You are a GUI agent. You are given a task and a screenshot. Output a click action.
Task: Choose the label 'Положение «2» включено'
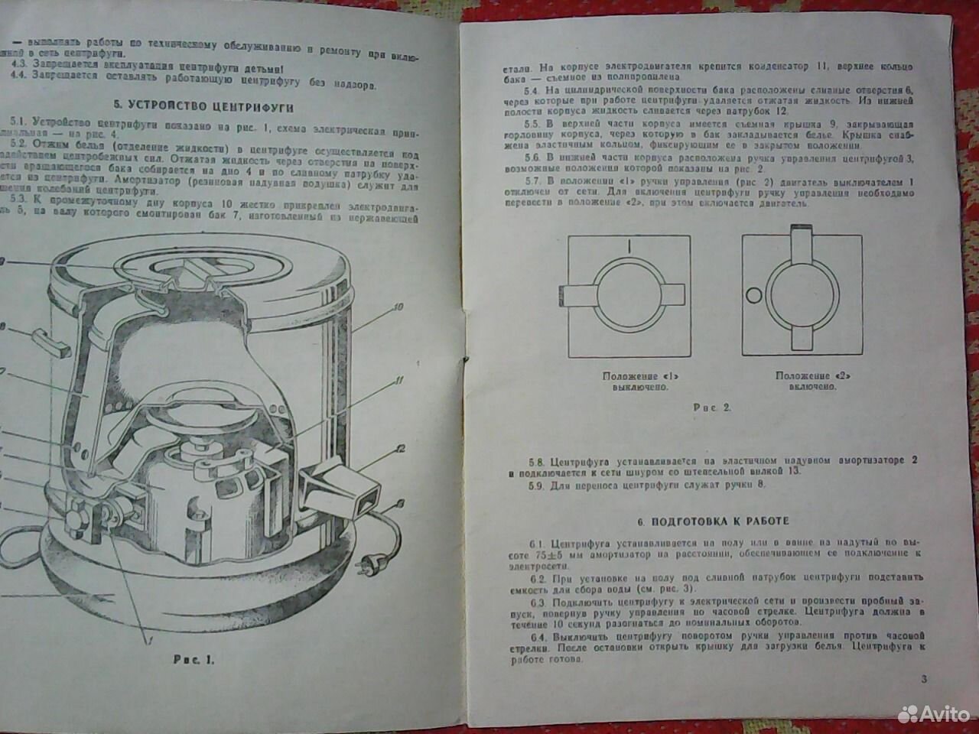click(x=805, y=381)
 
